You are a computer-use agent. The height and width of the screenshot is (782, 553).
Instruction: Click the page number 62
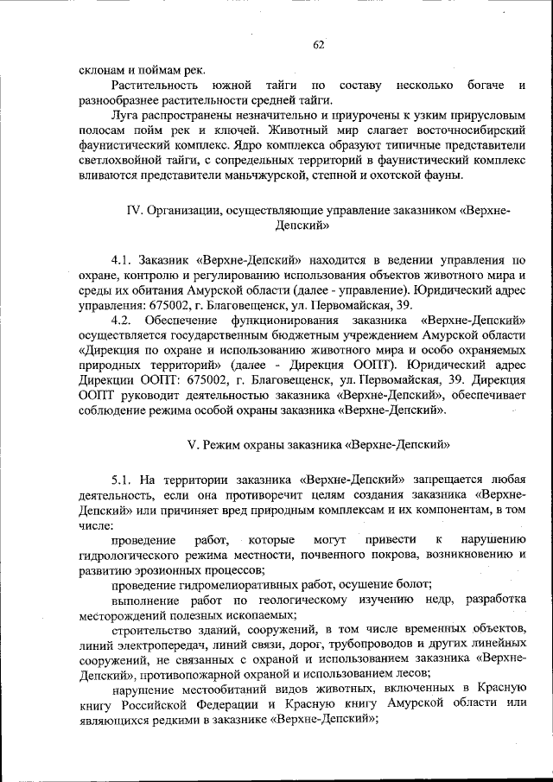point(318,45)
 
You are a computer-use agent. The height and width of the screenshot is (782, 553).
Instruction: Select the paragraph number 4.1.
point(124,259)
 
